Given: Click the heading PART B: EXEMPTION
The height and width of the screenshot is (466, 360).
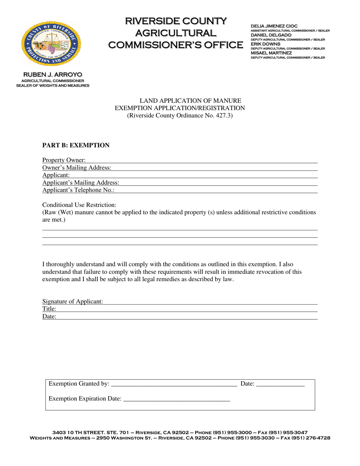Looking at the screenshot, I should pyautogui.click(x=76, y=145).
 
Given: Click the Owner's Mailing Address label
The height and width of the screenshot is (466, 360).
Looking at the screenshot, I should pyautogui.click(x=77, y=168).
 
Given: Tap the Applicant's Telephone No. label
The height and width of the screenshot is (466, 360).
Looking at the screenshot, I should pyautogui.click(x=78, y=190).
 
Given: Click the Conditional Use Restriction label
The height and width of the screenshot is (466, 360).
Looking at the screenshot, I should pyautogui.click(x=79, y=205).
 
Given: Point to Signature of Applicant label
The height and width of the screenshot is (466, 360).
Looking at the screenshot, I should pyautogui.click(x=72, y=302).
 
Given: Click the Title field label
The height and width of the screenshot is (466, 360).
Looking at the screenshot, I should pyautogui.click(x=49, y=309).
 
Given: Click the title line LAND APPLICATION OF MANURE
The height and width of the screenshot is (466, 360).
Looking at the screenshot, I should pyautogui.click(x=191, y=101).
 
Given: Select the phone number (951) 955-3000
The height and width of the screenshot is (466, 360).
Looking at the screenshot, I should pyautogui.click(x=231, y=432).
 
